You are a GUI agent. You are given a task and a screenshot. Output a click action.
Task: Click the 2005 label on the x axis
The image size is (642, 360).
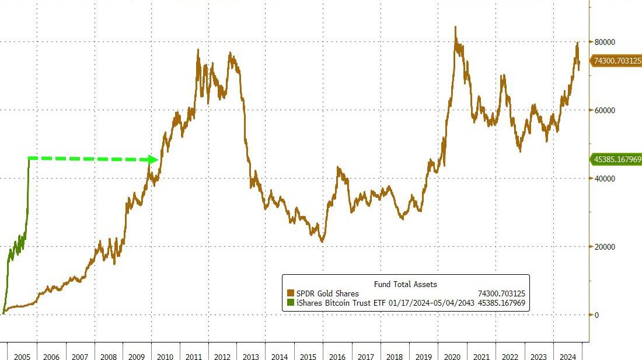(x=22, y=356)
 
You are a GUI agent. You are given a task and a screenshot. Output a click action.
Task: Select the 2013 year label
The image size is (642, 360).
(x=252, y=356)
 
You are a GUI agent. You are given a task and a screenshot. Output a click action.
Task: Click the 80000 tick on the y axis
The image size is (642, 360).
(x=606, y=42)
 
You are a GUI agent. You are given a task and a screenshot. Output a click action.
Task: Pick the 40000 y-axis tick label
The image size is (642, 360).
(x=606, y=179)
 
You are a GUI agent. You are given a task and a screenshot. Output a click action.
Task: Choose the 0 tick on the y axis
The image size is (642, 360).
(x=596, y=315)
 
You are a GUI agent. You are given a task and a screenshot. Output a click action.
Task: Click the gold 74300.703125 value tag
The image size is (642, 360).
(x=617, y=60)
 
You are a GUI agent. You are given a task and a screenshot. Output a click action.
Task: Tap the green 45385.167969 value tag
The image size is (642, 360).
(x=617, y=159)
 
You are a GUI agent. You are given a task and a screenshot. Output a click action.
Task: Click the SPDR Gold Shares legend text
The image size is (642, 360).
(x=327, y=293)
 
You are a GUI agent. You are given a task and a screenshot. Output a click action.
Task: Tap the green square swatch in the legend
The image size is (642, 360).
(x=291, y=303)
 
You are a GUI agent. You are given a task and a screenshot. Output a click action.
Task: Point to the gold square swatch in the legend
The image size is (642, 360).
(x=291, y=293)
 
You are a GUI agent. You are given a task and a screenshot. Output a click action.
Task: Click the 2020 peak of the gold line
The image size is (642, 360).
(x=455, y=27)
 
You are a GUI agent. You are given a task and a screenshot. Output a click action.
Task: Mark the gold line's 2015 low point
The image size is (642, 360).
(x=322, y=241)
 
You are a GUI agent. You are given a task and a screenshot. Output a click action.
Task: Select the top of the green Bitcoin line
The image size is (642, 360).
(x=29, y=158)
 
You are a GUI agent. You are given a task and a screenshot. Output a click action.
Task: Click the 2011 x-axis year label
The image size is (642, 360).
(x=194, y=356)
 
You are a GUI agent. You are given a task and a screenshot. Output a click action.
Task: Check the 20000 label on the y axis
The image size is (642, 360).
(x=606, y=247)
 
